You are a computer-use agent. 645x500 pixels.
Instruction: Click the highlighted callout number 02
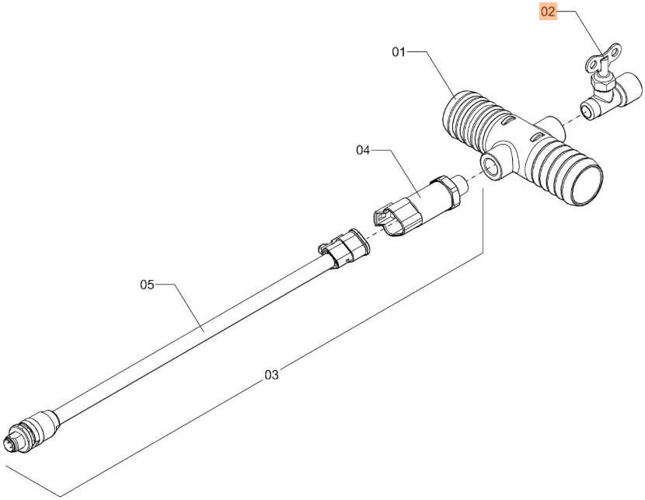pyautogui.click(x=548, y=12)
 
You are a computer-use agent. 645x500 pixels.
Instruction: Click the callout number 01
pyautogui.click(x=399, y=52)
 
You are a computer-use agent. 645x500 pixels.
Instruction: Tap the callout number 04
pyautogui.click(x=363, y=151)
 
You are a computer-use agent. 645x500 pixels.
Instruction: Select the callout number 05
pyautogui.click(x=148, y=285)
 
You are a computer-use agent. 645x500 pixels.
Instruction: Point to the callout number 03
pyautogui.click(x=271, y=375)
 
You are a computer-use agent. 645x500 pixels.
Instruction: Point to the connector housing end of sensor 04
pyautogui.click(x=396, y=217)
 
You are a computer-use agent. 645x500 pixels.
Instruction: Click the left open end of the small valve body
pyautogui.click(x=587, y=111)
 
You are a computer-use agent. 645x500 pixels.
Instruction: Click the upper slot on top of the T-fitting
pyautogui.click(x=508, y=121)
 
